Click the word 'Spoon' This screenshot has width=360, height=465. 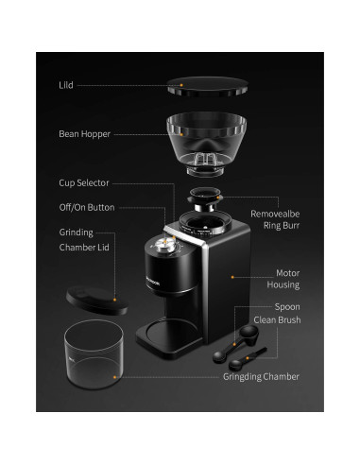click(287, 307)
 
